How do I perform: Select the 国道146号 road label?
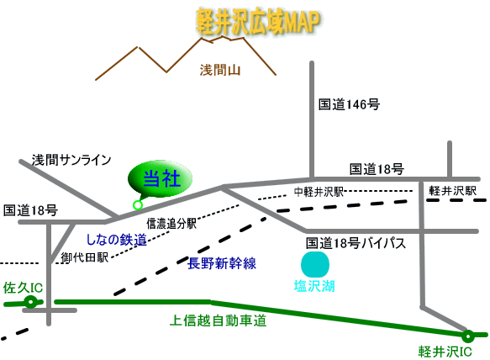tap(350, 105)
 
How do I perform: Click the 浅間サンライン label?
tap(71, 160)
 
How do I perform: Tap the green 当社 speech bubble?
tap(161, 178)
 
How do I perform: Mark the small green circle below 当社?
tap(138, 204)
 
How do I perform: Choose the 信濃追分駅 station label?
tap(171, 224)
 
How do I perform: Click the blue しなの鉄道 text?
tap(117, 240)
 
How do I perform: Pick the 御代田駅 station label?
tap(84, 257)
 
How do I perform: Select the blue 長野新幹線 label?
tap(222, 263)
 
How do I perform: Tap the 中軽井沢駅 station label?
tap(319, 192)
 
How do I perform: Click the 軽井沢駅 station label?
tap(453, 190)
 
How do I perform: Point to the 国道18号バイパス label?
tap(356, 243)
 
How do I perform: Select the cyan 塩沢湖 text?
tap(314, 287)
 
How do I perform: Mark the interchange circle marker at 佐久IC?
tap(31, 301)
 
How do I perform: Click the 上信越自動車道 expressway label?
tap(219, 320)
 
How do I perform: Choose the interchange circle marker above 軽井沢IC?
tap(468, 336)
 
